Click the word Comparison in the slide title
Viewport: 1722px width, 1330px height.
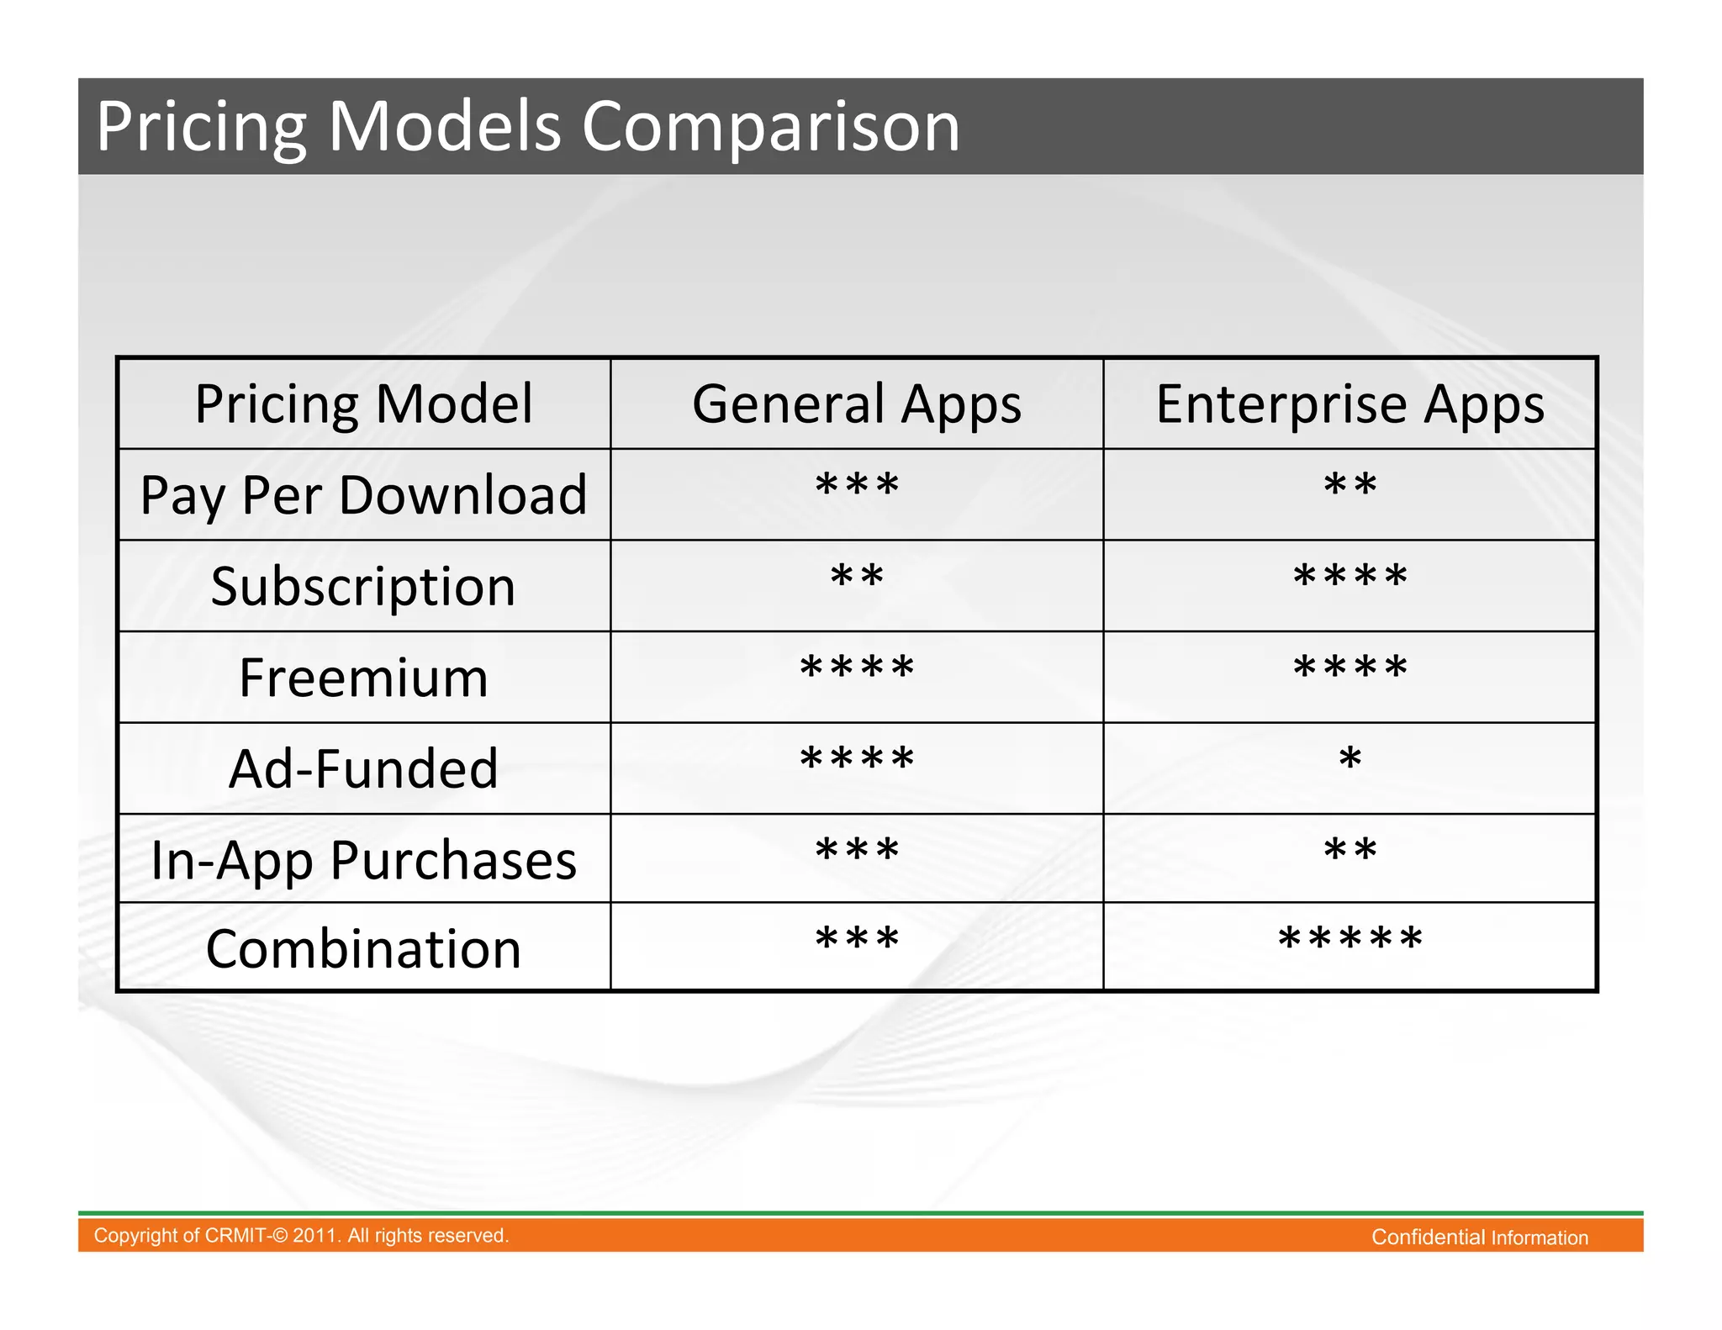coord(770,127)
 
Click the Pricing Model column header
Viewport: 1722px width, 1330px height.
coord(363,404)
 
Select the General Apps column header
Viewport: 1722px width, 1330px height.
coord(857,404)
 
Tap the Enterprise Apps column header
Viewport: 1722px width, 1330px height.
coord(1350,404)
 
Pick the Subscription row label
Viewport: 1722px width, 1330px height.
coord(363,586)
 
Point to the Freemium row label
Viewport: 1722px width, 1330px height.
coord(363,678)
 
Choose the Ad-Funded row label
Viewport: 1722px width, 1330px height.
coord(363,768)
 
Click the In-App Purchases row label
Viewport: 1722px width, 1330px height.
coord(363,860)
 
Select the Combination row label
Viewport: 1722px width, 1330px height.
coord(363,949)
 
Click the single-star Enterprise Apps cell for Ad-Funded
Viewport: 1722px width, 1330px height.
coord(1350,759)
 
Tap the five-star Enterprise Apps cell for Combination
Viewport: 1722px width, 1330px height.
coord(1350,938)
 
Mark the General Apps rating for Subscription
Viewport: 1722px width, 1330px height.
coord(857,577)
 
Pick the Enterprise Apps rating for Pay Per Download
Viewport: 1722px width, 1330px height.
coord(1350,485)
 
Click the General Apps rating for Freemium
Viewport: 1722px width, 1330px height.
coord(857,668)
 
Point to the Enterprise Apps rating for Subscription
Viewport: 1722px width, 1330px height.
coord(1350,577)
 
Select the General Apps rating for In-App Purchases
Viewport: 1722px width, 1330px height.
coord(857,851)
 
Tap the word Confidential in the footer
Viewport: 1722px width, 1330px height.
coord(1428,1238)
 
